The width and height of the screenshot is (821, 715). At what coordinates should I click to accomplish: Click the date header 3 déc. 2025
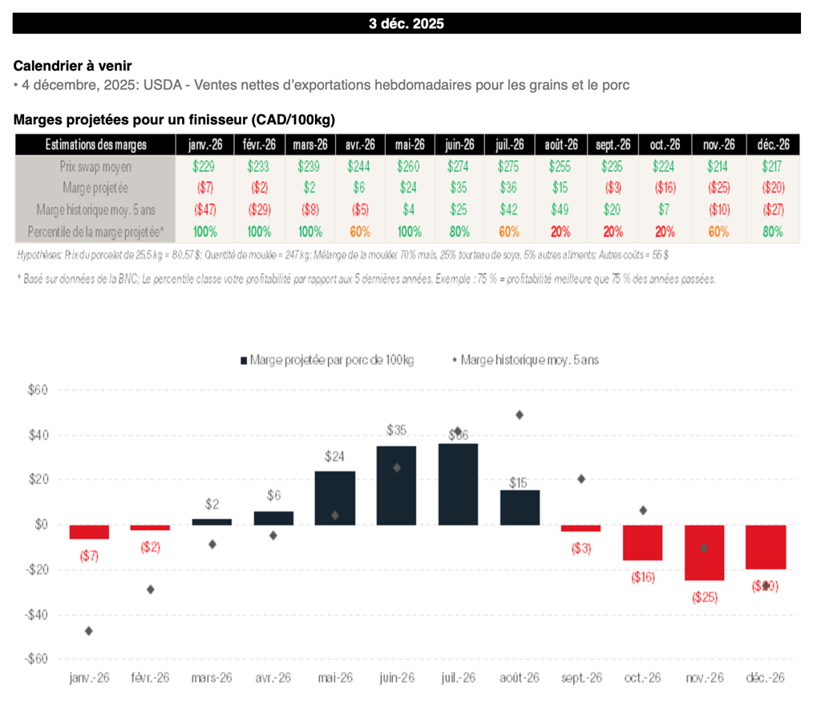(406, 23)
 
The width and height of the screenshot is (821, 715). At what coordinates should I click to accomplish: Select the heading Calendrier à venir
(72, 66)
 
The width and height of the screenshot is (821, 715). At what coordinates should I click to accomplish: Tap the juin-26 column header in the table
(459, 145)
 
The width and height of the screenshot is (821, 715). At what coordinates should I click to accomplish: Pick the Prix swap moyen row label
(95, 166)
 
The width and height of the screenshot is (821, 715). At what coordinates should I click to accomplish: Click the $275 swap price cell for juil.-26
(508, 166)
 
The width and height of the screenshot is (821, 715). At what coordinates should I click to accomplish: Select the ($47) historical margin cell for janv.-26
(204, 209)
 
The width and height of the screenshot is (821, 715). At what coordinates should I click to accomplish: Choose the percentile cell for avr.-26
(359, 232)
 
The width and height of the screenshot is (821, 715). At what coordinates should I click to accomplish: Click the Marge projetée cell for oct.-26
(665, 188)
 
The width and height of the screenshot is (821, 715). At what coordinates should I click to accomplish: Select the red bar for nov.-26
(704, 552)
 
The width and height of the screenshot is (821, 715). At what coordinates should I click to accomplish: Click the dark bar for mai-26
(335, 498)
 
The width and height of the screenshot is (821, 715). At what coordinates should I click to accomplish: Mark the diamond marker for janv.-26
(88, 631)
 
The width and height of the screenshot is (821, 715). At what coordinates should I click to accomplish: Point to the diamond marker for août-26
(520, 415)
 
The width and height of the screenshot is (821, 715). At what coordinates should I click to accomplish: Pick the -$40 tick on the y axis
(37, 615)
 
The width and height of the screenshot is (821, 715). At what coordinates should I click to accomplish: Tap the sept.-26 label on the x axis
(581, 677)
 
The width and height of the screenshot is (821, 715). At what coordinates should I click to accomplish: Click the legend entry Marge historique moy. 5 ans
(525, 360)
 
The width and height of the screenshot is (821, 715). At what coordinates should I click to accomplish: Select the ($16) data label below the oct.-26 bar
(643, 576)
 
